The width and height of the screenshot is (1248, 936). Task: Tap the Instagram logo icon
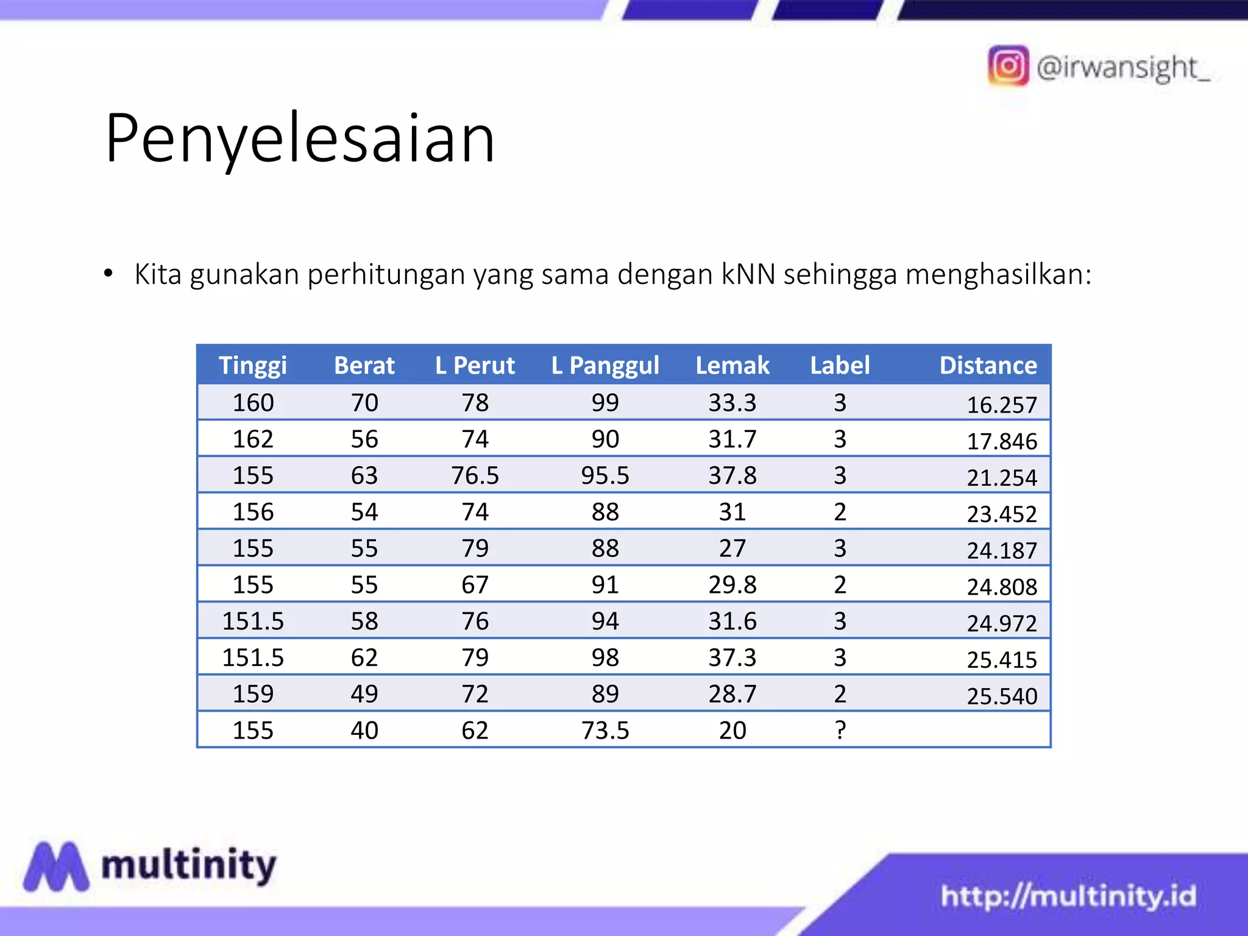(1008, 66)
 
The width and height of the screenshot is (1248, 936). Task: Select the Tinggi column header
(253, 365)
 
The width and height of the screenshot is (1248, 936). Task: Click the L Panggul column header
(605, 365)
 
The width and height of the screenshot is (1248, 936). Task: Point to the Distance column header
(988, 365)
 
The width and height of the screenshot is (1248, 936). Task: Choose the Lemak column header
(732, 365)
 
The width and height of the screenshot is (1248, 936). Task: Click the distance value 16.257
(1002, 405)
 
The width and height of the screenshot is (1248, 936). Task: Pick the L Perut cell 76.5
(475, 475)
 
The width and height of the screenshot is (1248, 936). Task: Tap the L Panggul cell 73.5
(605, 730)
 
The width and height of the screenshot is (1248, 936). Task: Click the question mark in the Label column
(840, 730)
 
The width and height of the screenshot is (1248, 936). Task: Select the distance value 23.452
(1002, 514)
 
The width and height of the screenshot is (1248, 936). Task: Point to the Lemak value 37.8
(732, 475)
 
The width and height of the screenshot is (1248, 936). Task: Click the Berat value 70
(364, 403)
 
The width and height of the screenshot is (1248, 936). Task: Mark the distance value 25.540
(1002, 696)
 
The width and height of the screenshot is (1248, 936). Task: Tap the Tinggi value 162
(253, 439)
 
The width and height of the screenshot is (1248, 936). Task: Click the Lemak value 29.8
(732, 585)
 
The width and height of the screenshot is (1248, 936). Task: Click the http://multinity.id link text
(1068, 896)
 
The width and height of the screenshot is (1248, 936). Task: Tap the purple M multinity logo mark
(56, 867)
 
